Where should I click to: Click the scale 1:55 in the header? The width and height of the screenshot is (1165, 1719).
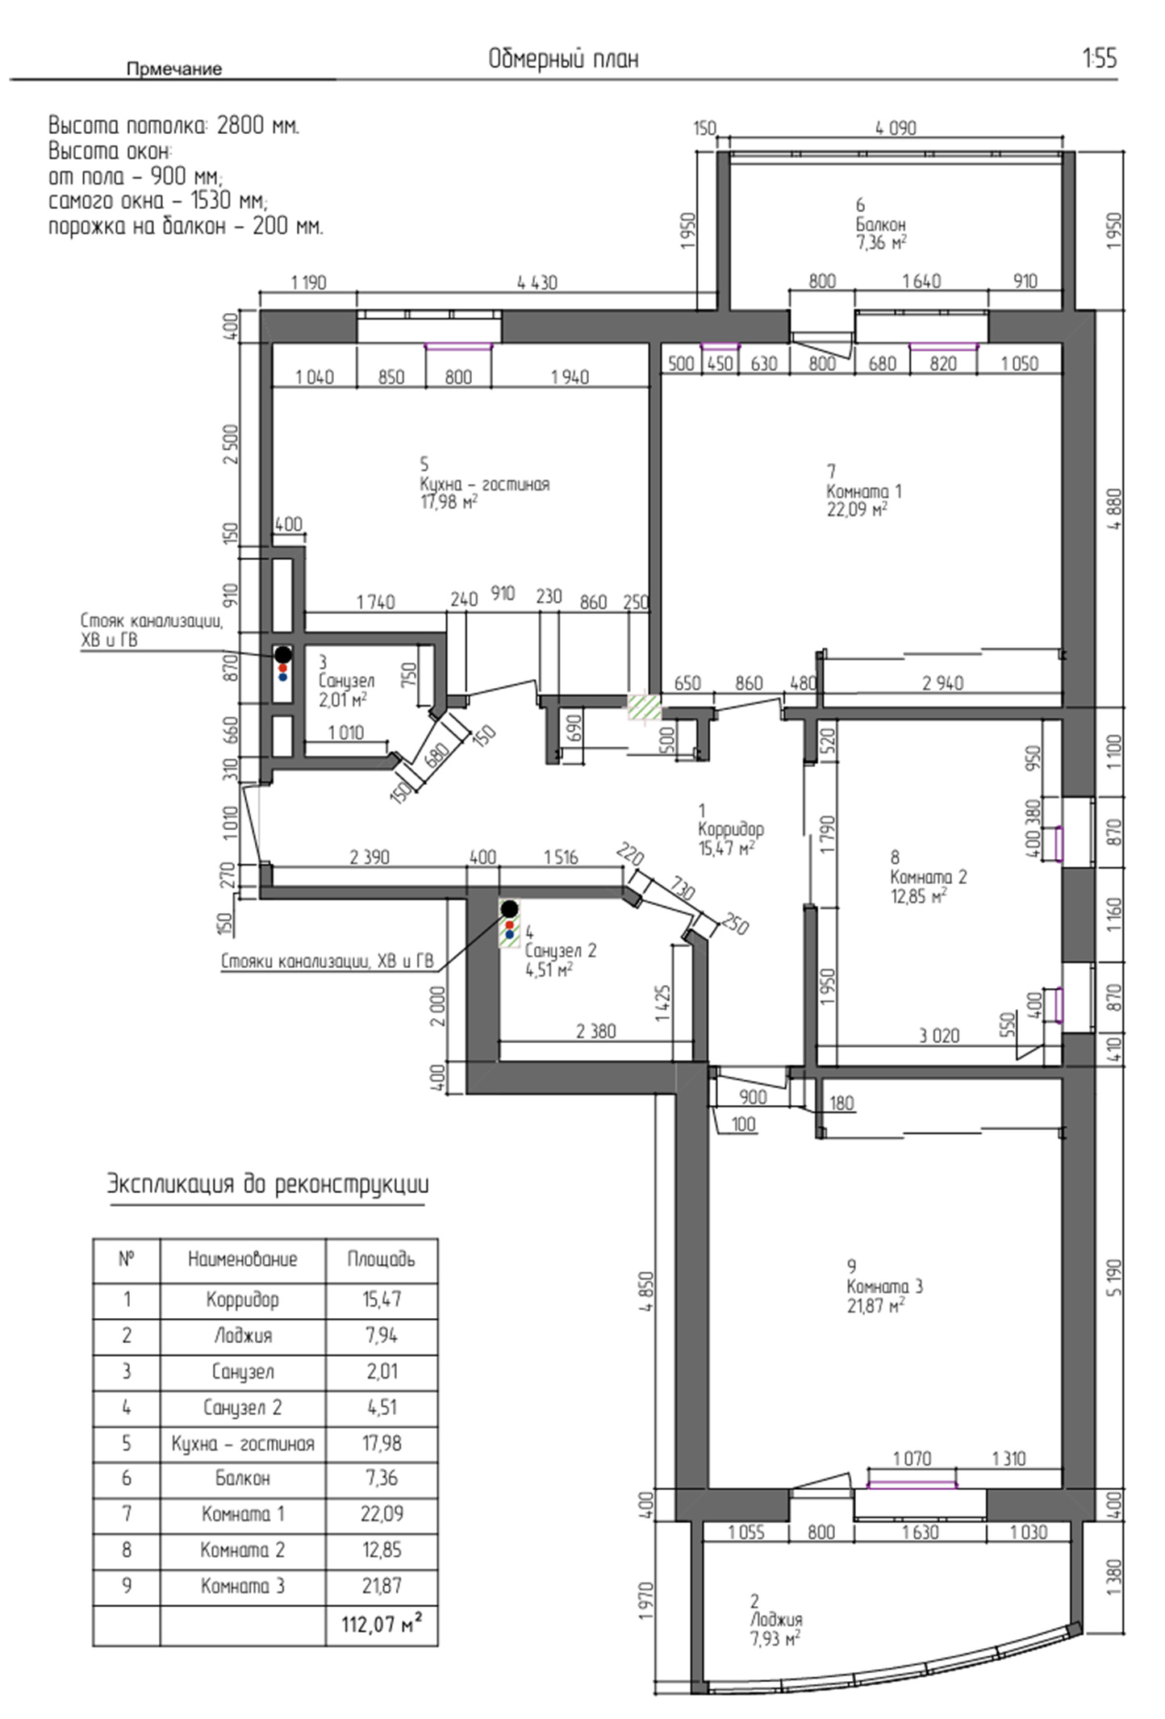(1100, 59)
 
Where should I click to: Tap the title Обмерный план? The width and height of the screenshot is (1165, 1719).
(563, 59)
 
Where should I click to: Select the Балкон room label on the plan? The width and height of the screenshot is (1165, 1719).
(880, 225)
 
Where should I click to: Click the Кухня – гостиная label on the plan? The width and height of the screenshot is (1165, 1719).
(484, 484)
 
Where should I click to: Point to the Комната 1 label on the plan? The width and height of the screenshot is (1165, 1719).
(864, 491)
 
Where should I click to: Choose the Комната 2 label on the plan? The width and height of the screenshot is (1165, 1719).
(928, 877)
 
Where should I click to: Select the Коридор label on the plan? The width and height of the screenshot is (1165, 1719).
(731, 828)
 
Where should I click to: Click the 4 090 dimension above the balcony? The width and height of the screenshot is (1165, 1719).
(896, 128)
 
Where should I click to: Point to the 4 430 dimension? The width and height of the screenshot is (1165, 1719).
(537, 283)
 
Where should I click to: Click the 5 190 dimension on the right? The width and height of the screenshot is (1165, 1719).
(1114, 1277)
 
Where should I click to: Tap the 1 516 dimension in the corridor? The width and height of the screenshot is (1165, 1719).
(561, 857)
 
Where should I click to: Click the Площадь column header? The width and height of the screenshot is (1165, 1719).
(382, 1259)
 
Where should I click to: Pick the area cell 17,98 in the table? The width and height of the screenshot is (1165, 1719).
(382, 1443)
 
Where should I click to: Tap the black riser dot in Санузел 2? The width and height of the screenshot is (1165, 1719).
(509, 908)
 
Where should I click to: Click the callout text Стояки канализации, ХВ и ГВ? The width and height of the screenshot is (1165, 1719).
(328, 961)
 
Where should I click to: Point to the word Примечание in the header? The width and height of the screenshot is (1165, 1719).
(173, 69)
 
